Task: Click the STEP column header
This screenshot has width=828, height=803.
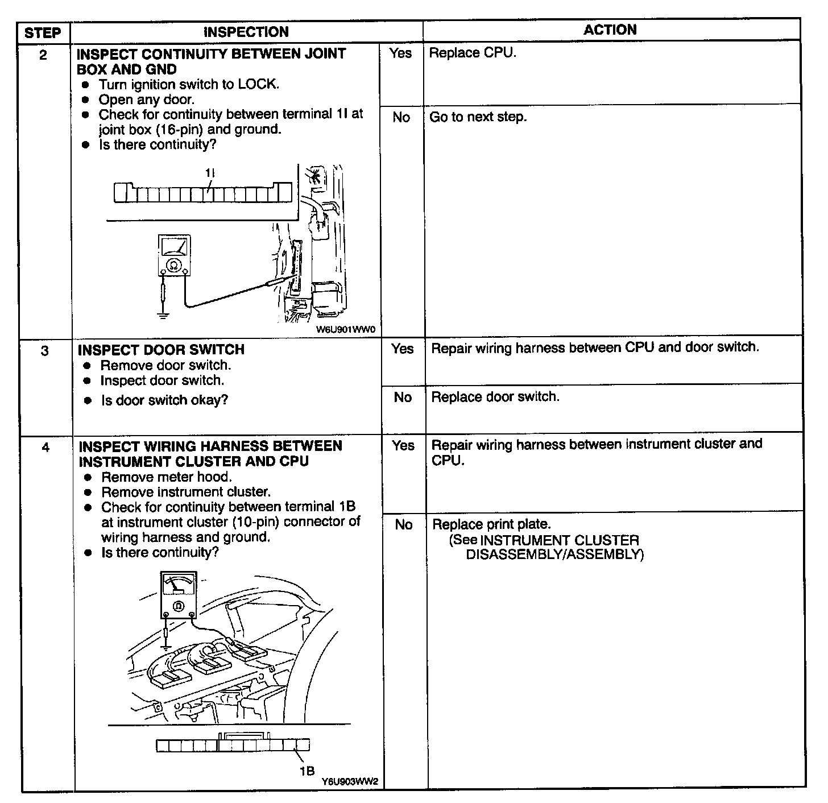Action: coord(43,32)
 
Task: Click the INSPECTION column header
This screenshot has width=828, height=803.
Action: coord(246,32)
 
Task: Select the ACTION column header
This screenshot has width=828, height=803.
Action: coord(610,30)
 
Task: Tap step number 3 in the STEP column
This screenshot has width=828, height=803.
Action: coord(45,351)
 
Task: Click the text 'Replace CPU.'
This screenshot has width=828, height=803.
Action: coord(472,53)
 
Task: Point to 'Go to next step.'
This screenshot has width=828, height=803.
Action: coord(478,117)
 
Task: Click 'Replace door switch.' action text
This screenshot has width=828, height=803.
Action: coord(495,396)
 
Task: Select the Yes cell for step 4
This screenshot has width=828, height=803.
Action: coord(403,445)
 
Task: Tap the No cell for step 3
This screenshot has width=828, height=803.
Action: coord(403,397)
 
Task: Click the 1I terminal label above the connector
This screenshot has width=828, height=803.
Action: coord(210,172)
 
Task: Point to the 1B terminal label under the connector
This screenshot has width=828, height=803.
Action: coord(307,771)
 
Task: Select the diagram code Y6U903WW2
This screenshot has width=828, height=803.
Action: coord(350,781)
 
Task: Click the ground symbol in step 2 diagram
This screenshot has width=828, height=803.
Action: coord(163,314)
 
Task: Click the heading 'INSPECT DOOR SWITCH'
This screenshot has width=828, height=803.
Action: coord(161,350)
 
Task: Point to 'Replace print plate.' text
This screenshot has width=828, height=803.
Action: coord(491,524)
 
